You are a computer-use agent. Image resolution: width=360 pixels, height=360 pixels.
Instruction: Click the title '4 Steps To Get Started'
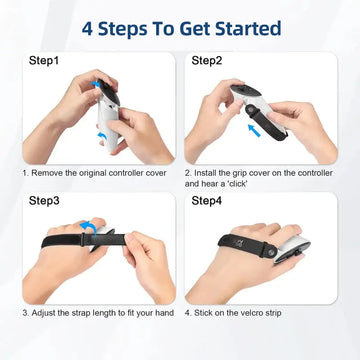coord(180,27)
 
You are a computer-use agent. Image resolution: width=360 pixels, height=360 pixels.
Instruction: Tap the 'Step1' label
coord(40,60)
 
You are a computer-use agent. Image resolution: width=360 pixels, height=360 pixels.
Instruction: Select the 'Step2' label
coord(207,60)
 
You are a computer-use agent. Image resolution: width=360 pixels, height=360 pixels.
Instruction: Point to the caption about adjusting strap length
coord(98,311)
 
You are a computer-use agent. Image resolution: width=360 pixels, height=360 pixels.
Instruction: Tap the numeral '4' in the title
coord(86,27)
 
